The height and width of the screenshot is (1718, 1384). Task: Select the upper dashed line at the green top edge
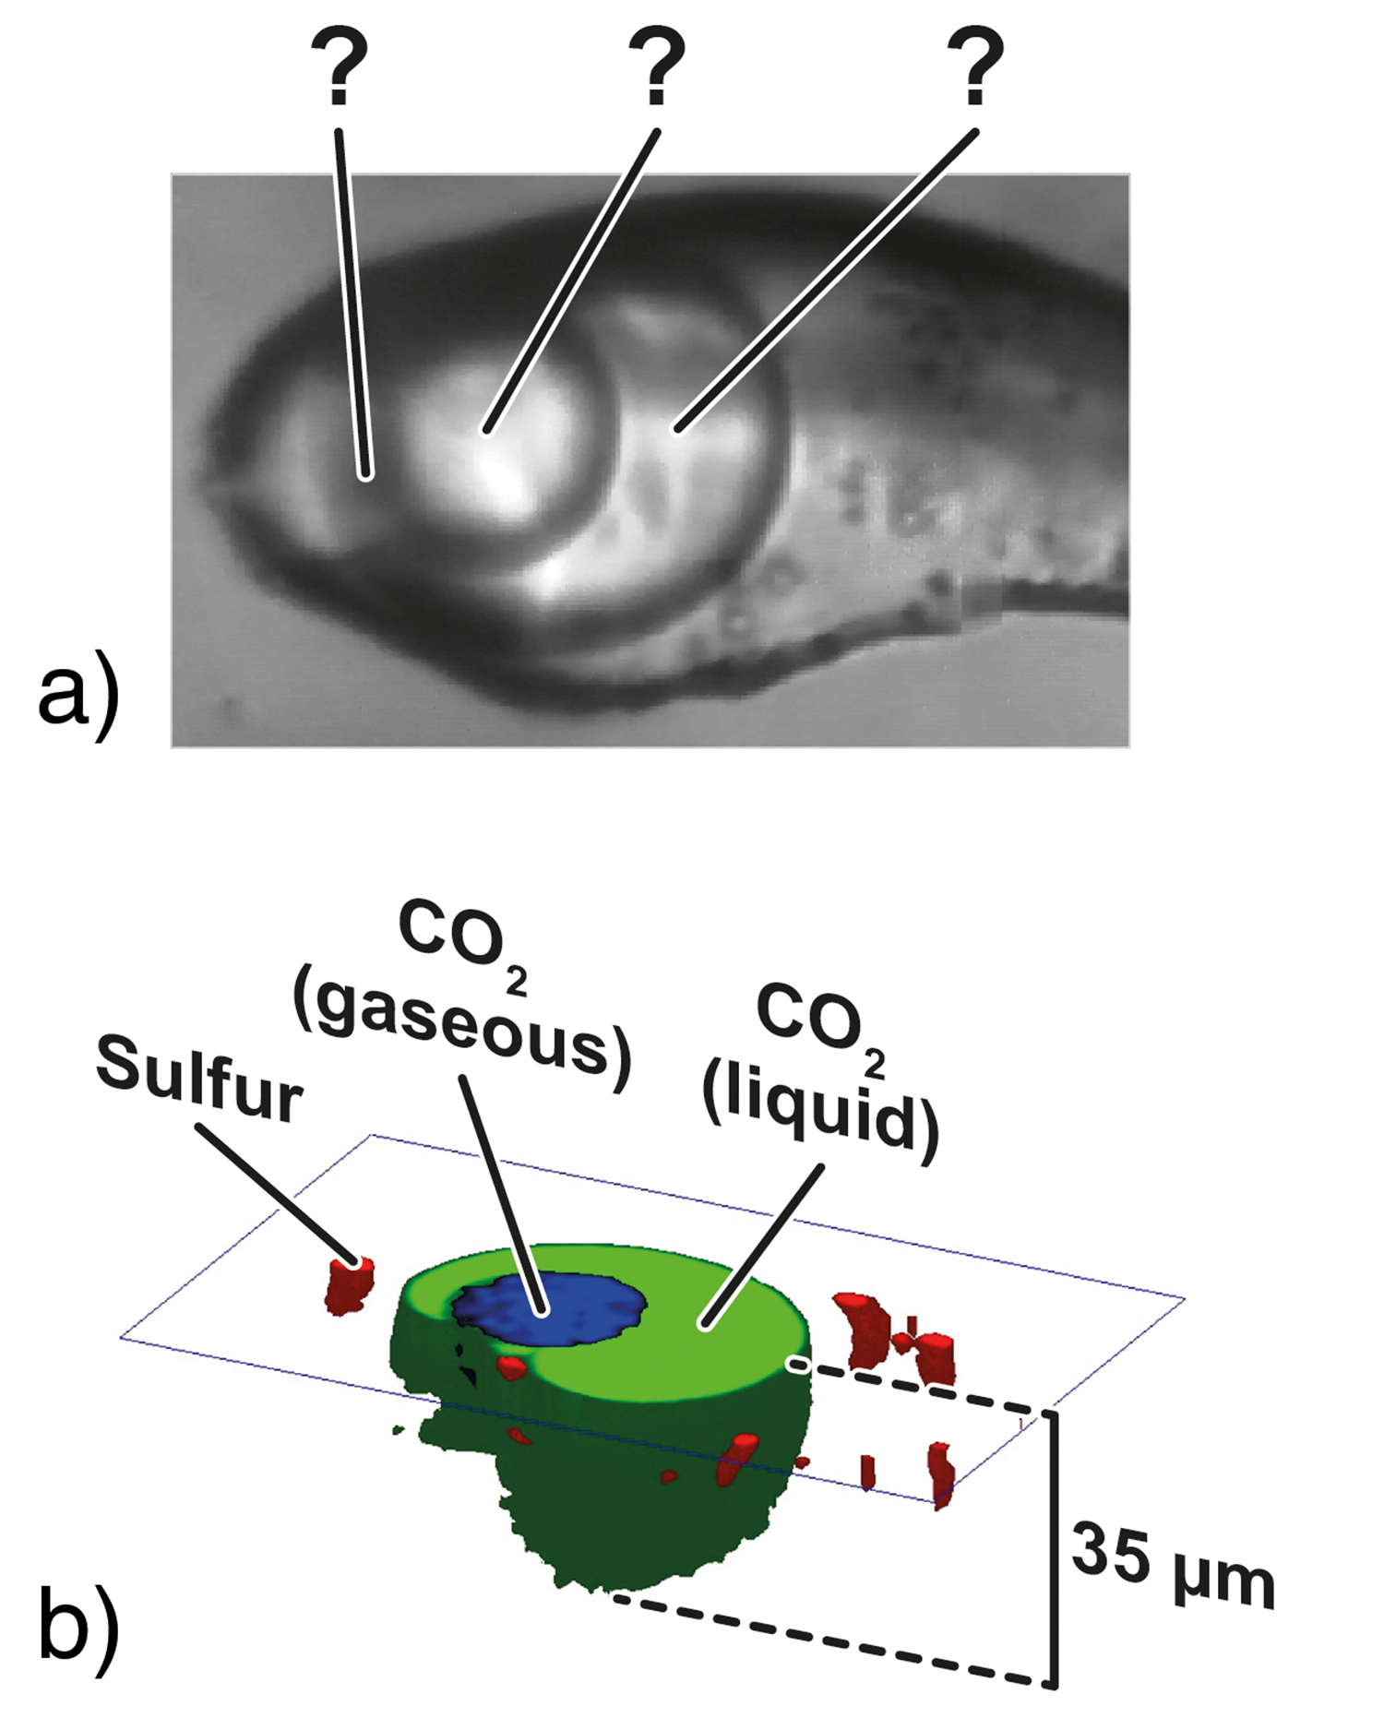(x=923, y=1390)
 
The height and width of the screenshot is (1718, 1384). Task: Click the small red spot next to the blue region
(x=510, y=1367)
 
